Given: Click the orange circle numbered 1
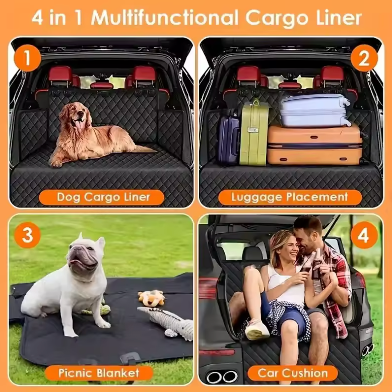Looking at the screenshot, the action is pos(28,58).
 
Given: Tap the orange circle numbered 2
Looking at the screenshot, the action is pos(364,58).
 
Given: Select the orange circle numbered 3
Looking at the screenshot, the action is pos(28,235).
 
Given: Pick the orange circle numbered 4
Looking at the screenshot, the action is pos(364,235).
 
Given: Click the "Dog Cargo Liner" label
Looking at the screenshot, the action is pos(102,197).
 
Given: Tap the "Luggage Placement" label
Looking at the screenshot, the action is pos(290,197).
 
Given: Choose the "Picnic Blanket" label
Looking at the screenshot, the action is pos(99,373).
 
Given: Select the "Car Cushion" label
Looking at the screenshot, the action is pos(293,373).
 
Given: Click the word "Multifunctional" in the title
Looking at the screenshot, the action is pos(165,18).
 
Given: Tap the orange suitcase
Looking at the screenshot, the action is pos(314,145).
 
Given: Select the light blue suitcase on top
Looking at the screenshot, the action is pos(314,110).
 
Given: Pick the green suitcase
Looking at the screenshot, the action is pos(254,133).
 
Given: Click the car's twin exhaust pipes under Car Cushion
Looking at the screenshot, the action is pos(222,377).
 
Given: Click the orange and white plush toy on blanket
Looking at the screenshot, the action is pos(152,298).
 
